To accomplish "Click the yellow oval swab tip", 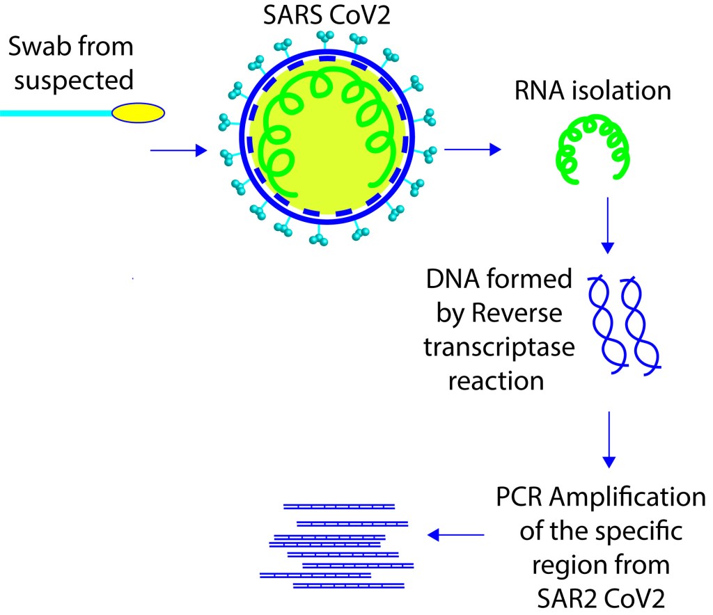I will pyautogui.click(x=139, y=113).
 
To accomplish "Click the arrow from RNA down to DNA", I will pyautogui.click(x=609, y=225).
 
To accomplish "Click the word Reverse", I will pyautogui.click(x=519, y=314).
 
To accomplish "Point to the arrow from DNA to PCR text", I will pyautogui.click(x=609, y=439).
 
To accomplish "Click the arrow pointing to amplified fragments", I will pyautogui.click(x=456, y=534).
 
